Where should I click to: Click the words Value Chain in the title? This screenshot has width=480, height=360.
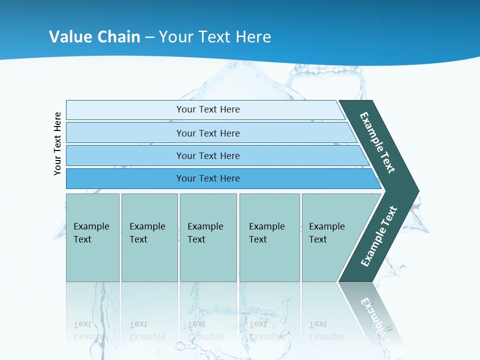pos(94,36)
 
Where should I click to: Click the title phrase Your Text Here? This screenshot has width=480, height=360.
pos(215,36)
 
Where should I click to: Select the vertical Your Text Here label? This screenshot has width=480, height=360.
pos(57,143)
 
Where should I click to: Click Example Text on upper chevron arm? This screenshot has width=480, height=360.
pos(377,142)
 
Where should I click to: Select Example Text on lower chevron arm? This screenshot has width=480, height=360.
pos(379,236)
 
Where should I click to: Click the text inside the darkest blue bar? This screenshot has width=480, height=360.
pos(208,178)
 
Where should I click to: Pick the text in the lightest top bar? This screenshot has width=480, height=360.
pos(208,109)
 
